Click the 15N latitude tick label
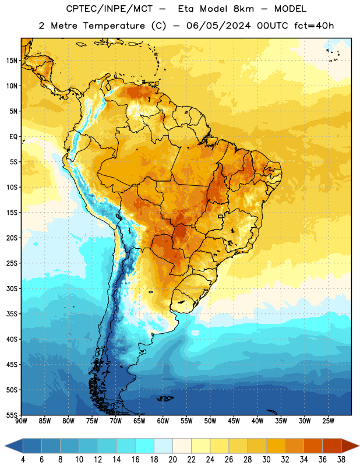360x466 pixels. coord(12,61)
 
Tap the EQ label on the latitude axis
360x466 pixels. coord(13,137)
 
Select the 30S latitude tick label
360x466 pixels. coord(12,289)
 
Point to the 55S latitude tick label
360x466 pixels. coord(12,415)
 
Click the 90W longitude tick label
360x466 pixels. coord(21,421)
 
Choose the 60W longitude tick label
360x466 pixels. coord(163,421)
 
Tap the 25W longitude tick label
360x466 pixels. coord(328,421)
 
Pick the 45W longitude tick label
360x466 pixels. coord(234,421)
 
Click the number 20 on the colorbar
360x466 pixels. coord(172,460)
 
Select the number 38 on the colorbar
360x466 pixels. coord(341,460)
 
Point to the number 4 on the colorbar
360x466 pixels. coord(23,460)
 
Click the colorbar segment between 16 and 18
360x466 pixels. coord(145,446)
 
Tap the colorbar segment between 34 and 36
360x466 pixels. coord(313,446)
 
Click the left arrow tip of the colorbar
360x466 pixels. coord(5,446)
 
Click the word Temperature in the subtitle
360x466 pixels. coord(114,26)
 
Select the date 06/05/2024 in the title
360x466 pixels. coord(218,26)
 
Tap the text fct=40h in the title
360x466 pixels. coord(314,26)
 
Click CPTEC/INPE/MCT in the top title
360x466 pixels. coord(109,9)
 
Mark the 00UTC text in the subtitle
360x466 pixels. coord(272,26)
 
